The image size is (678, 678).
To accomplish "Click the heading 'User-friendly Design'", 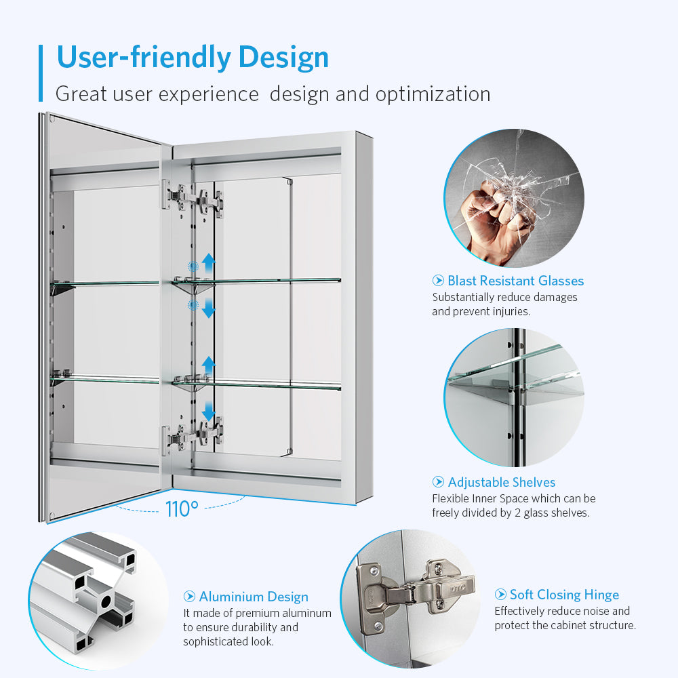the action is tap(193, 58).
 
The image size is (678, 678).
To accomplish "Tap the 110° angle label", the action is tap(182, 509).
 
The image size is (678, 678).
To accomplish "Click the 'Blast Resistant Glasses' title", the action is tap(515, 281).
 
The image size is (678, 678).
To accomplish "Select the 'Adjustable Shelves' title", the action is tap(502, 482).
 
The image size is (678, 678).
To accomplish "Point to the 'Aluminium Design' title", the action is tap(254, 597).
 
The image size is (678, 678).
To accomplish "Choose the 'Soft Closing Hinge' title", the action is tap(564, 595).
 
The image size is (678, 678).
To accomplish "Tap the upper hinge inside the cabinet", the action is tap(193, 199).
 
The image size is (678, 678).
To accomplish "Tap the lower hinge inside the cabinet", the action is tap(193, 434).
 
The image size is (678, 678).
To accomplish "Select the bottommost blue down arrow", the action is tap(208, 412).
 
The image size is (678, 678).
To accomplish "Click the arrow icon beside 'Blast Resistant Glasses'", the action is tap(438, 281).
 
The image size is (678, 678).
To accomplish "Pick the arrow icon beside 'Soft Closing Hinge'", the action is tap(500, 595).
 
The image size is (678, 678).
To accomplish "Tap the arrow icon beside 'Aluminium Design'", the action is tap(189, 597).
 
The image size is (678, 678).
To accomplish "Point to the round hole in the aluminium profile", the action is tap(106, 601).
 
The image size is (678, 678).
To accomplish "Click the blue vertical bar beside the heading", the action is tap(41, 73).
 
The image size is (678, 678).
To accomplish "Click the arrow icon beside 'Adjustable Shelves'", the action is tap(438, 481).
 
